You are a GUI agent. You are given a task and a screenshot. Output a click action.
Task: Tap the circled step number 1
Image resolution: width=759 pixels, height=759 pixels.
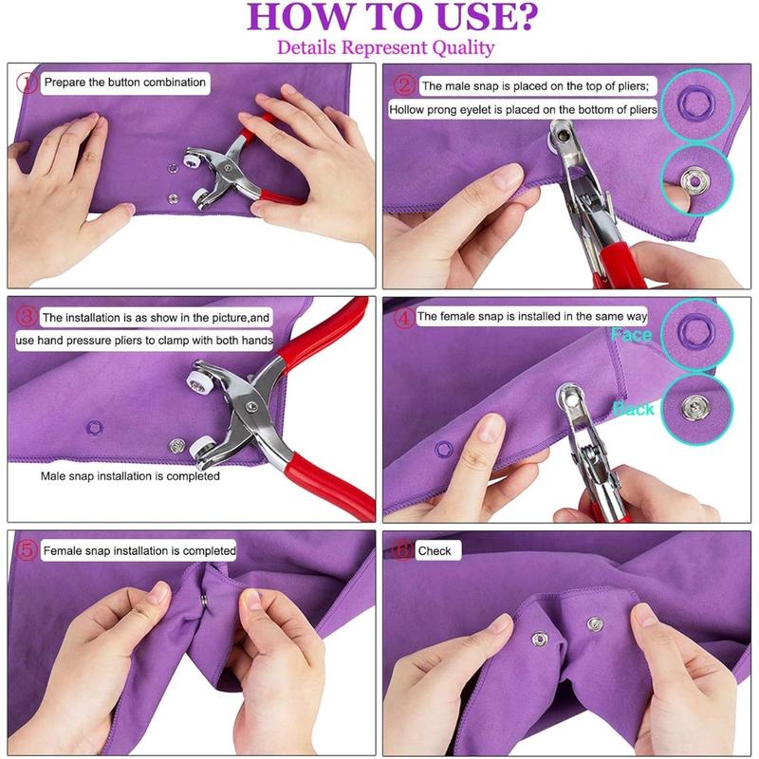28,83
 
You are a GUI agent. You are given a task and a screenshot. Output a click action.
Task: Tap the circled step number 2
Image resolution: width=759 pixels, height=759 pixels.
405,86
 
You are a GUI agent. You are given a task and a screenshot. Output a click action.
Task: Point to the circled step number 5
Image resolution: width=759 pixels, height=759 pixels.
28,550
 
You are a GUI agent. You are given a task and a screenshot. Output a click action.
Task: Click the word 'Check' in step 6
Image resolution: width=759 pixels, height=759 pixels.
435,550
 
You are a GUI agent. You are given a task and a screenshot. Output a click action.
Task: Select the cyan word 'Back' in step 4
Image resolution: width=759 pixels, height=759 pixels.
633,409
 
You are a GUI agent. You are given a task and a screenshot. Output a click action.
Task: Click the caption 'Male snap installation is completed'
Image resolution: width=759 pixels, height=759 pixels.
130,476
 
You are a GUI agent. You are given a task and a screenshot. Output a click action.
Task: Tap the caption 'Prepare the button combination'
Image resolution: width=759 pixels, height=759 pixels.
124,83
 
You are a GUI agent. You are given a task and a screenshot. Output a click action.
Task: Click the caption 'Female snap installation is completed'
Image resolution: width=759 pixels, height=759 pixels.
139,550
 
